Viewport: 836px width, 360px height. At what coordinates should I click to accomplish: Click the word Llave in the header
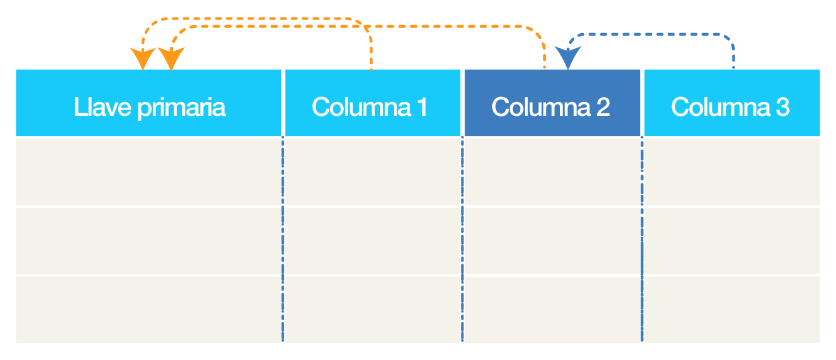pyautogui.click(x=103, y=108)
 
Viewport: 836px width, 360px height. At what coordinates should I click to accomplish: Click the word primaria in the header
pyautogui.click(x=182, y=108)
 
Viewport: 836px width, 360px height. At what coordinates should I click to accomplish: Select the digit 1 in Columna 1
pyautogui.click(x=422, y=107)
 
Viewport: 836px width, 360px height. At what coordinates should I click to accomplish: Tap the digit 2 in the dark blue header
pyautogui.click(x=603, y=107)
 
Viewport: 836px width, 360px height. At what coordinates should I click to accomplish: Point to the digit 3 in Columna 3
pyautogui.click(x=783, y=107)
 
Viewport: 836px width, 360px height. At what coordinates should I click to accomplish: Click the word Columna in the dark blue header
pyautogui.click(x=541, y=107)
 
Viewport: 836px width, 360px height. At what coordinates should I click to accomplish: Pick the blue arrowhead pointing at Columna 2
pyautogui.click(x=567, y=58)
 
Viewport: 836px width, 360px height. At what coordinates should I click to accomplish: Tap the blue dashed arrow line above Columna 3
pyautogui.click(x=651, y=34)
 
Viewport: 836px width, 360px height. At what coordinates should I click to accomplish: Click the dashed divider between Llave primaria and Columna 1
pyautogui.click(x=282, y=239)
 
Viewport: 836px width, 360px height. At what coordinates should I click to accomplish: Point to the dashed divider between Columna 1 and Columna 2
pyautogui.click(x=462, y=239)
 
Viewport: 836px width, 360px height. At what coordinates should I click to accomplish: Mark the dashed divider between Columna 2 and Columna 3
pyautogui.click(x=642, y=239)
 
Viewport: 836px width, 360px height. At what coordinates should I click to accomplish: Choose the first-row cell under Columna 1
pyautogui.click(x=373, y=171)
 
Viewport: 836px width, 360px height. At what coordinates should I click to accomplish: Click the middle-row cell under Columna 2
pyautogui.click(x=552, y=241)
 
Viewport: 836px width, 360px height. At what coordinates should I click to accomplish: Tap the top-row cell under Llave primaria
pyautogui.click(x=148, y=171)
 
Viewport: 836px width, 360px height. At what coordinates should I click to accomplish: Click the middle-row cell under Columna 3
pyautogui.click(x=732, y=241)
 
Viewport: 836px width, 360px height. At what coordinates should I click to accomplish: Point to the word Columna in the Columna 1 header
pyautogui.click(x=361, y=107)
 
